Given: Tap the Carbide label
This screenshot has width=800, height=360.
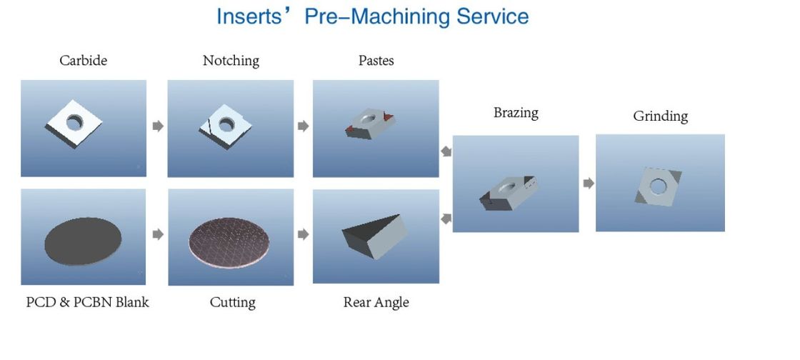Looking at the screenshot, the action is tap(83, 61).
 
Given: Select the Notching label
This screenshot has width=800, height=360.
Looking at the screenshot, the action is tap(231, 61).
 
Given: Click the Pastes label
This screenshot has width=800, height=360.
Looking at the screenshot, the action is tap(376, 61).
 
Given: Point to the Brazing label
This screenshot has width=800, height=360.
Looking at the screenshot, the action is tap(516, 113).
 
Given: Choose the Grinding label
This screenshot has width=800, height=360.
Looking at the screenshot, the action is tap(660, 116).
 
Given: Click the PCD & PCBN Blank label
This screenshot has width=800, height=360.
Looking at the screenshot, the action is tap(87, 302).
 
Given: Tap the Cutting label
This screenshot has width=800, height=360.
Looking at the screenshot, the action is tap(232, 303).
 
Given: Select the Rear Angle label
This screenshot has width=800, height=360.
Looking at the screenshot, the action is tap(376, 303).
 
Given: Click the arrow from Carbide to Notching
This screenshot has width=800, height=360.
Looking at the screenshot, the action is tap(158, 126).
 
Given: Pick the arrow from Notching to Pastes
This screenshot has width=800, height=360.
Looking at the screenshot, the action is tap(303, 126).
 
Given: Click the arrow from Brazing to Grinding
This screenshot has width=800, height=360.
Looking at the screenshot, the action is tap(589, 183).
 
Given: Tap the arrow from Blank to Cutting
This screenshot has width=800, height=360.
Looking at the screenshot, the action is tap(158, 234).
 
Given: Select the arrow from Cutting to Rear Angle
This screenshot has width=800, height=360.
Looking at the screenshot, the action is tap(303, 234).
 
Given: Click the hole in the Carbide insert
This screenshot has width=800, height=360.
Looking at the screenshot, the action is tap(74, 122).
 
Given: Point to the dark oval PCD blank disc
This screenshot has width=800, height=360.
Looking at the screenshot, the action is tap(83, 241).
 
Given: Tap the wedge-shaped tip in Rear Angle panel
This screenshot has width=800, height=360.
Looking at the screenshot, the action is tap(374, 236).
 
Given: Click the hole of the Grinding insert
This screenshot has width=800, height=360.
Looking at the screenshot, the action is tap(658, 186).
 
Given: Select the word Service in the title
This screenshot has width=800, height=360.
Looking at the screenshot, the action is tap(492, 17).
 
